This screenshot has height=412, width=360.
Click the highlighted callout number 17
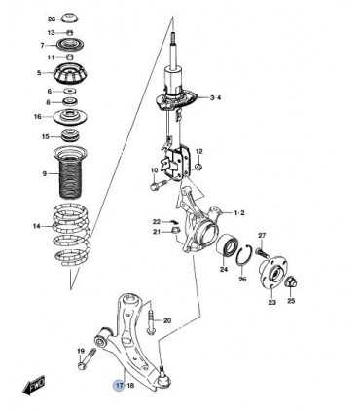pos(120,386)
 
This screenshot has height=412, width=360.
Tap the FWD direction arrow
pos(34,387)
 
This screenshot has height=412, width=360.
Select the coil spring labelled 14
pos(70,236)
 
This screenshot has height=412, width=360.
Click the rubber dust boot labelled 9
pos(70,172)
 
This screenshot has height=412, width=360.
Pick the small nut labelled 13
pos(69,32)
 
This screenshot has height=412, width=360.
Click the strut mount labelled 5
pos(70,73)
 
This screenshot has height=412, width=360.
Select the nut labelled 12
pos(198,168)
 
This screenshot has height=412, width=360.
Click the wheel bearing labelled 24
pos(228,246)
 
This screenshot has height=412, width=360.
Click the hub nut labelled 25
pos(291,283)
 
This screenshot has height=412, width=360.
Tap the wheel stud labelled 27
pos(261,252)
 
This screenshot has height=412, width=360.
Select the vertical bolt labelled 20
pos(151,320)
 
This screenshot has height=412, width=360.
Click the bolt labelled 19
pos(87,358)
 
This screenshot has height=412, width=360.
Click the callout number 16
pos(38,116)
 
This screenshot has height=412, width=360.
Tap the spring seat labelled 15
pos(70,135)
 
